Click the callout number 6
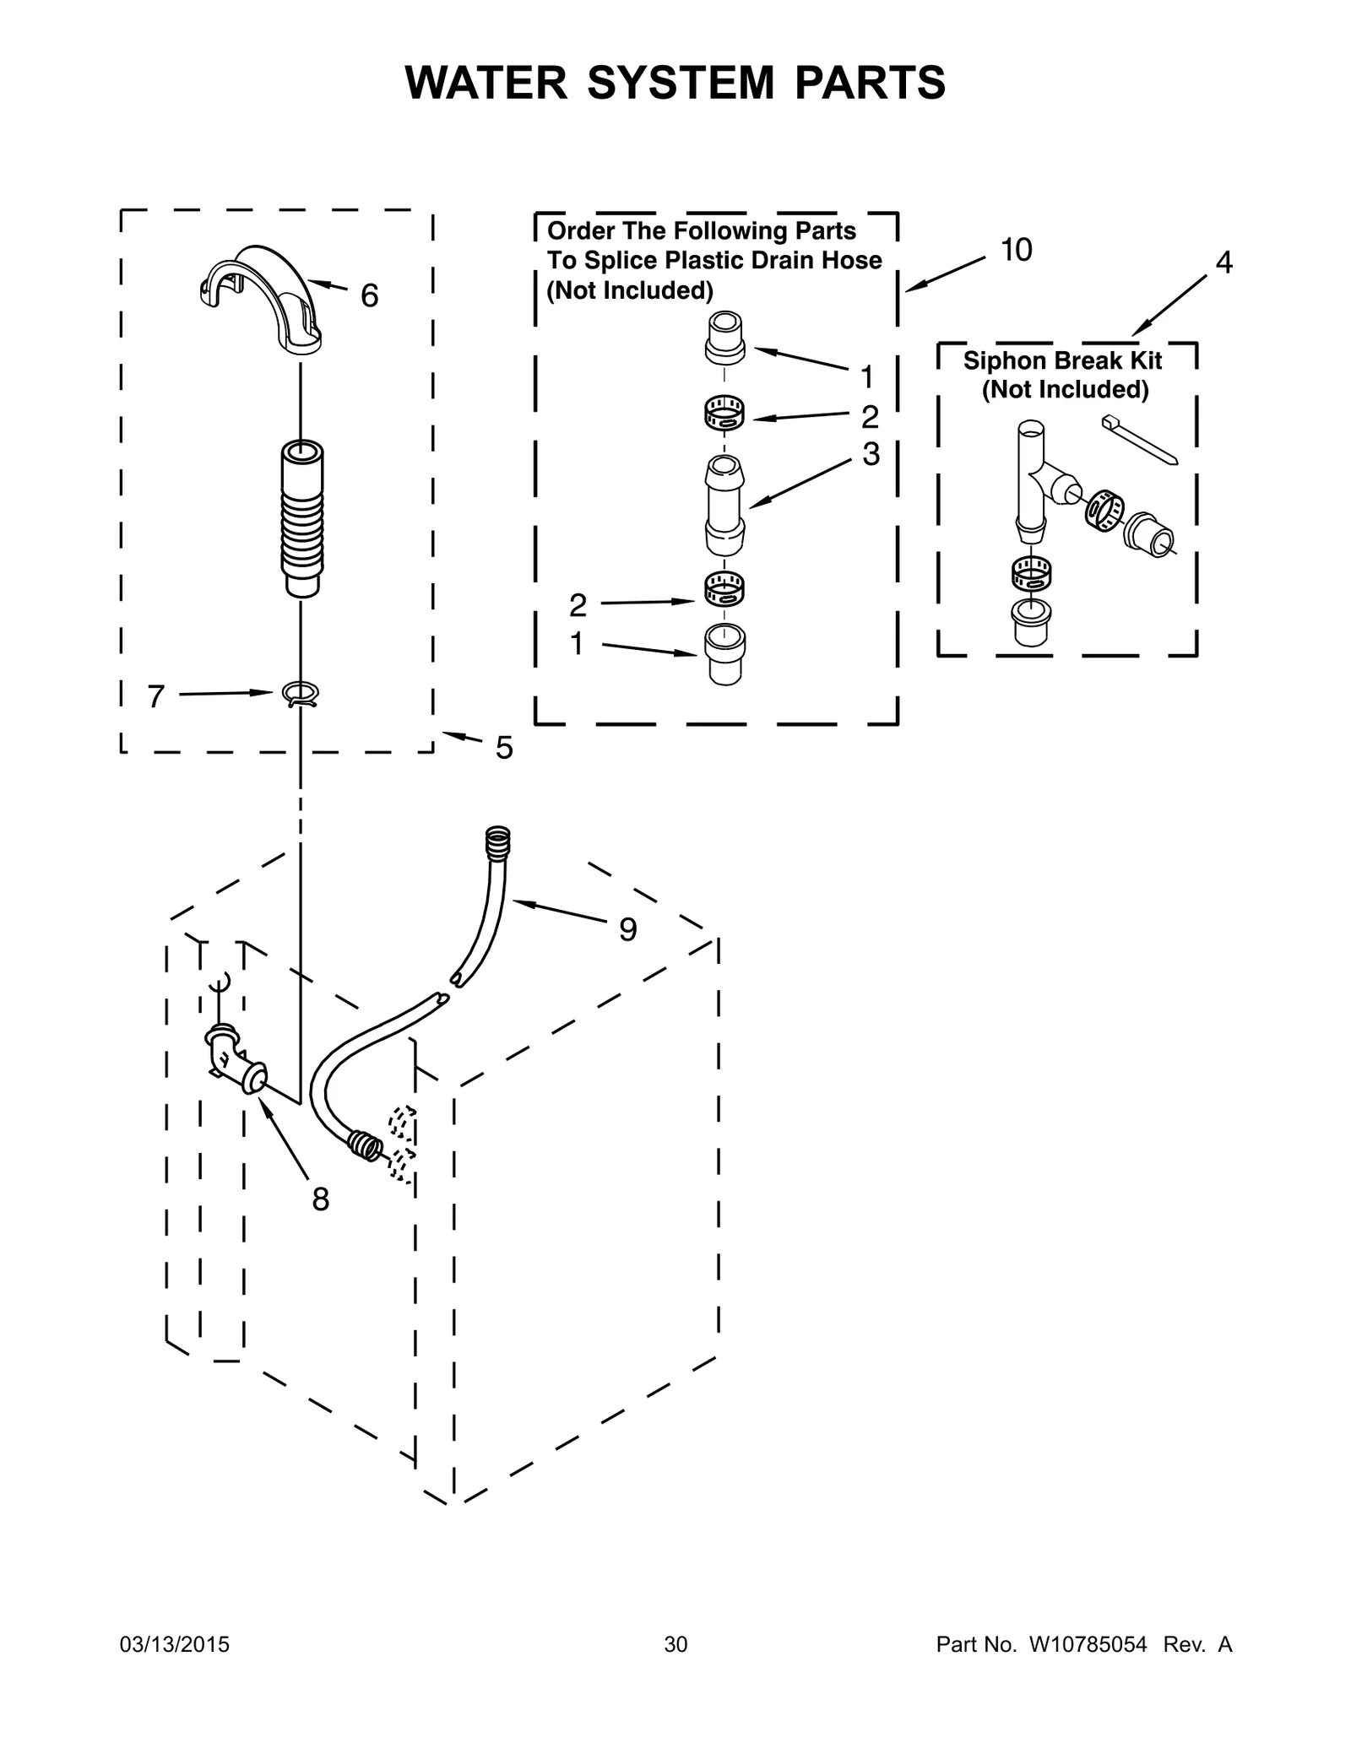369,295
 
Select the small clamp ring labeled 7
301,694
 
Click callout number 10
1016,250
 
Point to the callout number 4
1223,262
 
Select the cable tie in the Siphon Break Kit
1139,440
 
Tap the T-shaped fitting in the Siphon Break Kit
1034,482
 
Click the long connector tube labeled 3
724,505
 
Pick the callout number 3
871,454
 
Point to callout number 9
627,929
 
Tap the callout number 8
320,1199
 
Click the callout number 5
503,748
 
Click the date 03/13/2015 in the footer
175,1644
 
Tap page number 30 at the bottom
675,1644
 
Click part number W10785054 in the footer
1087,1644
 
